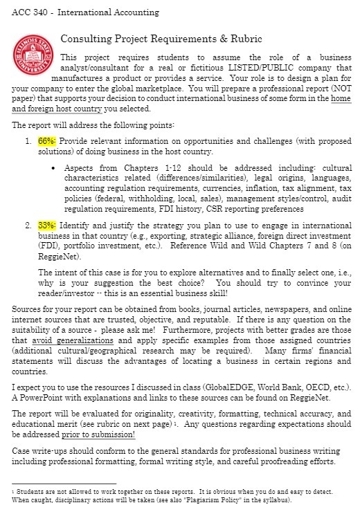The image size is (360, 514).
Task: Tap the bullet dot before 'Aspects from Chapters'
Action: (x=54, y=168)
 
